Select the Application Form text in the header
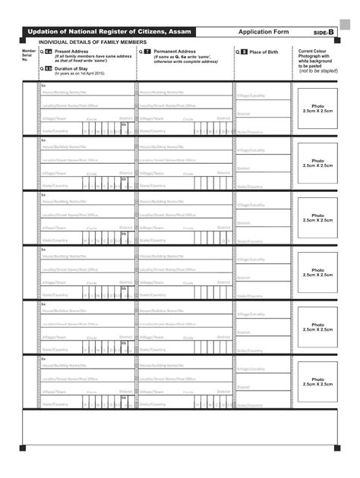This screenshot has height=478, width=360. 264,32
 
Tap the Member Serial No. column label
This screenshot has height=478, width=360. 28,55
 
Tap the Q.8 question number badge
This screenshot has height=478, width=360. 243,52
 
